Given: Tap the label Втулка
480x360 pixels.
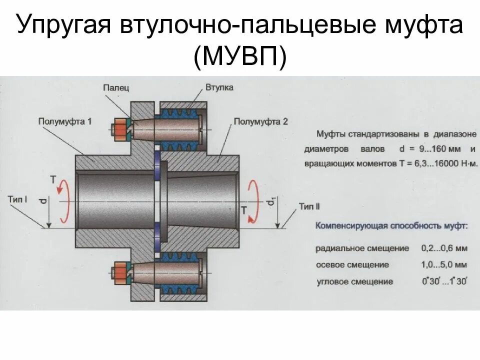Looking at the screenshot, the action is [x=219, y=87].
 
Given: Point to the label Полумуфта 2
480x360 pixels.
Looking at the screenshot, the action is [x=261, y=121].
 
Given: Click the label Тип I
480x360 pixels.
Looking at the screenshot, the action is [x=17, y=199].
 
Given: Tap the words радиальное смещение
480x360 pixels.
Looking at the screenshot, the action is [x=362, y=248].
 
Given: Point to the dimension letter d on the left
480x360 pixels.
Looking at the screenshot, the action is [x=43, y=201].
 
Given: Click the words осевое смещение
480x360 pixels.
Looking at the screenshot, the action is [x=352, y=264].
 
